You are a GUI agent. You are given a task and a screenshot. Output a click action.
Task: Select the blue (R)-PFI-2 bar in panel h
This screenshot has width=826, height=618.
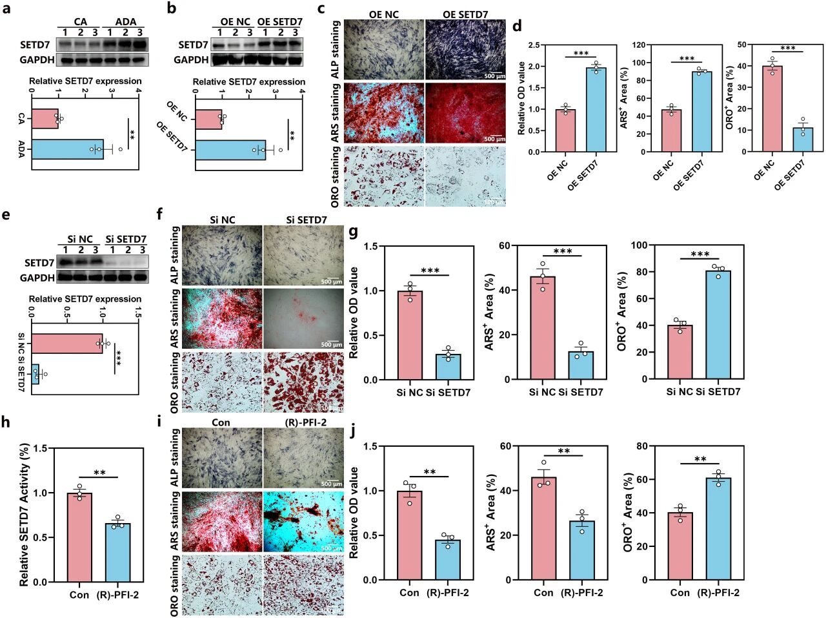tap(118, 553)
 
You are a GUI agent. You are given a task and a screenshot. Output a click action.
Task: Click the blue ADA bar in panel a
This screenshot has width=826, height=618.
tap(68, 149)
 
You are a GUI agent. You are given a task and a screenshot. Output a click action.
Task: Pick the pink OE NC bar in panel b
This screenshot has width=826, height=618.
tap(209, 119)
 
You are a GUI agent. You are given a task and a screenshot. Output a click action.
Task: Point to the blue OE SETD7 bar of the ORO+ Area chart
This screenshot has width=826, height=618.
tap(803, 139)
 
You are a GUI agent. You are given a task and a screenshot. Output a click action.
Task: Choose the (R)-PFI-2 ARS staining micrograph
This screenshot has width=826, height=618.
tap(304, 522)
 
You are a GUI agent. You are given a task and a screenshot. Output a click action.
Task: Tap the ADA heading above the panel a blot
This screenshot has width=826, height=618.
tap(126, 22)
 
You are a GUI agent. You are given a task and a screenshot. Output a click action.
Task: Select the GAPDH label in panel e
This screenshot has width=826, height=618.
tap(37, 278)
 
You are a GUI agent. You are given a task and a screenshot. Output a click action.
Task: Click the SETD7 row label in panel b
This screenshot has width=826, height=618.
tap(193, 45)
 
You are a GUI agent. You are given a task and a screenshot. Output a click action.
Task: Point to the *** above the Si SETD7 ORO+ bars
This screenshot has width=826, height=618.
tap(700, 254)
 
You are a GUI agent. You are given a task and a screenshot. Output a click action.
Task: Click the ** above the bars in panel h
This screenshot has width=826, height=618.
tap(99, 473)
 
